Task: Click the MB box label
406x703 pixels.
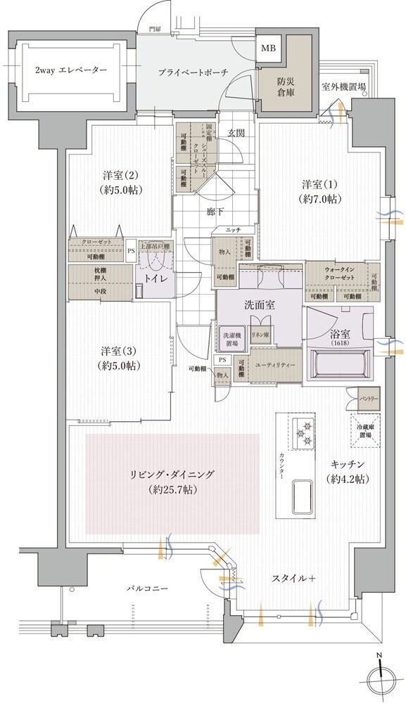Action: (269, 49)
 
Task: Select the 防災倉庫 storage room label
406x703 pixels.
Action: (285, 86)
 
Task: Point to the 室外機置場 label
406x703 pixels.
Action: (343, 87)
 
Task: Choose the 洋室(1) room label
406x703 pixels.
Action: (321, 192)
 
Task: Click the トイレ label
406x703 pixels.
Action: (156, 278)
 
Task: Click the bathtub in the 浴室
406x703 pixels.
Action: (340, 365)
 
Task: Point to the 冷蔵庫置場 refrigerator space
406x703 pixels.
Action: (364, 430)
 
